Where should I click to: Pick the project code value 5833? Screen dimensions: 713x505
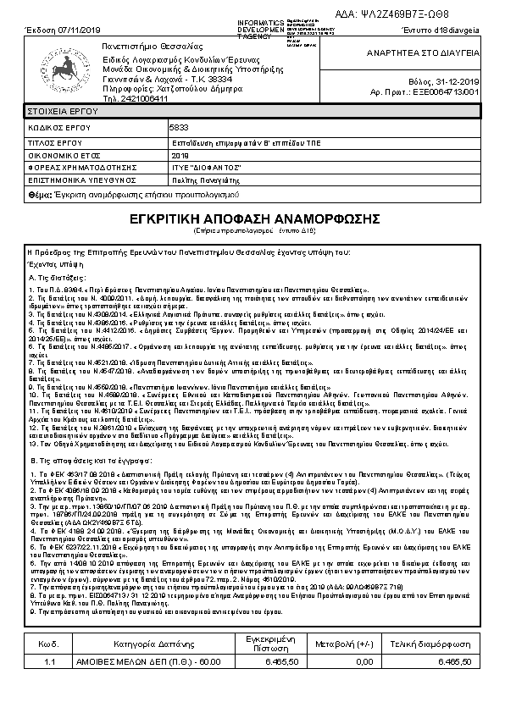[x=179, y=125]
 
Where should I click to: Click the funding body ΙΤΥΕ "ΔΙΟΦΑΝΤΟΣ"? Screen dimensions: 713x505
[x=207, y=168]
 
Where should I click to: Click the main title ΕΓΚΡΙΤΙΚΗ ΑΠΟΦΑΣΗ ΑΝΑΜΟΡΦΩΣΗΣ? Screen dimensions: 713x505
[x=253, y=218]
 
